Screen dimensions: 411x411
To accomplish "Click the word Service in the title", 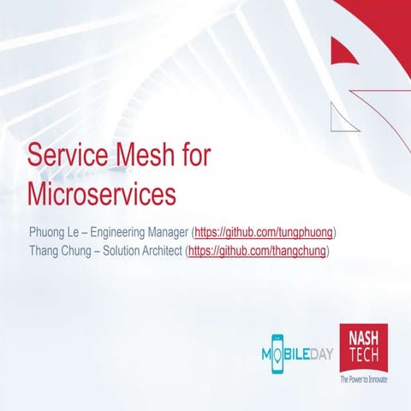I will (69, 157).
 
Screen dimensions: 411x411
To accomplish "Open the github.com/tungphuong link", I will (265, 232).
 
